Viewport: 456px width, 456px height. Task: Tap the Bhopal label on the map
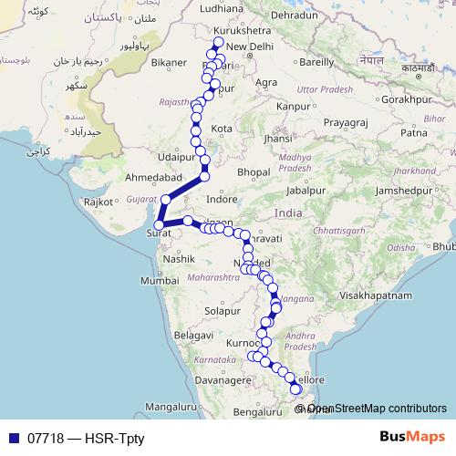point(254,171)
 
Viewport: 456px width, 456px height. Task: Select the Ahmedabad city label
point(148,175)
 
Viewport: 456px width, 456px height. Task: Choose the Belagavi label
point(192,336)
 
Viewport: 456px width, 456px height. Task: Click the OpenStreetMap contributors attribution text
point(377,409)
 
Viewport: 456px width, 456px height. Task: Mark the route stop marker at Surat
point(159,224)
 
